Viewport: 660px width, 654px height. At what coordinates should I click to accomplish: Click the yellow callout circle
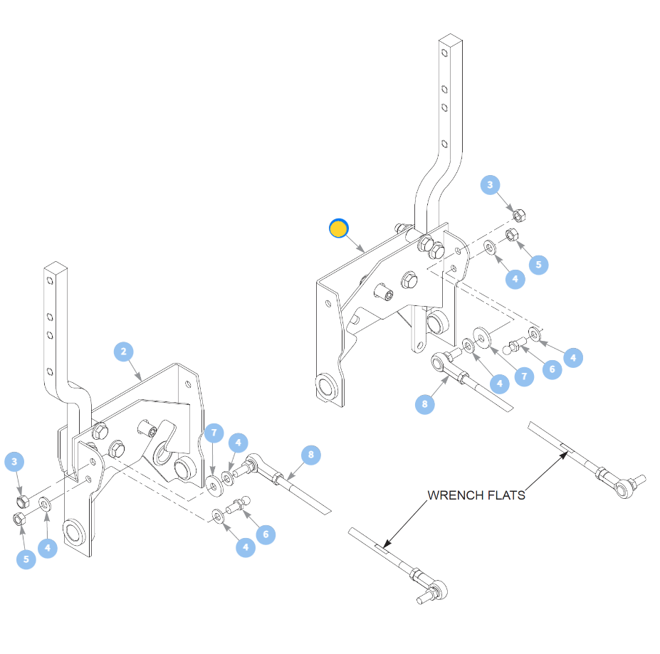click(x=339, y=228)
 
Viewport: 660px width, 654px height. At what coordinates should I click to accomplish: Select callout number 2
click(x=124, y=352)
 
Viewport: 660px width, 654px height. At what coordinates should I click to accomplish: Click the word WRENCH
click(x=451, y=495)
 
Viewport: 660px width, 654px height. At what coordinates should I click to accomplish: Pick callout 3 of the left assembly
click(x=14, y=462)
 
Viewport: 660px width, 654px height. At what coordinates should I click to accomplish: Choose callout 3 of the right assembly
click(x=490, y=185)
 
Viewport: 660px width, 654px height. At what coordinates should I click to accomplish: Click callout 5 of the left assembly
click(x=26, y=559)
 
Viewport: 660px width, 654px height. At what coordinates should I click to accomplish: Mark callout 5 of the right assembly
click(x=539, y=265)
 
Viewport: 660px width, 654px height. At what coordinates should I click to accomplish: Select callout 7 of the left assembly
click(x=214, y=433)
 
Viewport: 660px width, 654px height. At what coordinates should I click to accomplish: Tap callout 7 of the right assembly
click(x=525, y=376)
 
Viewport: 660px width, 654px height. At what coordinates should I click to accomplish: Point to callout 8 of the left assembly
click(x=311, y=455)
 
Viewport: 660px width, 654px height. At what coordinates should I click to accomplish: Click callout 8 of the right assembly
click(x=425, y=404)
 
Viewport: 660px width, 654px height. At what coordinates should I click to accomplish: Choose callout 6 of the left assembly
click(x=266, y=534)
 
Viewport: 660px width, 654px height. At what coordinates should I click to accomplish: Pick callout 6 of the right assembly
click(x=552, y=369)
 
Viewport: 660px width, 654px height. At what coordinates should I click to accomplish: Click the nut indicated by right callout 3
click(x=520, y=216)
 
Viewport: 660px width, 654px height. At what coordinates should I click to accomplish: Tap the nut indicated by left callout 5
click(x=18, y=519)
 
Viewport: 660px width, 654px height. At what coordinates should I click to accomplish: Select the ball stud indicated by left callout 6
click(x=239, y=505)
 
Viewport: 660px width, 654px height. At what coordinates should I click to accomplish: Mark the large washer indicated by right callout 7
click(x=483, y=338)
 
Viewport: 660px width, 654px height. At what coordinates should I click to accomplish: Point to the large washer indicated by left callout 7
click(x=214, y=485)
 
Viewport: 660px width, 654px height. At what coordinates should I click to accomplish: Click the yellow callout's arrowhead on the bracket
click(x=363, y=250)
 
